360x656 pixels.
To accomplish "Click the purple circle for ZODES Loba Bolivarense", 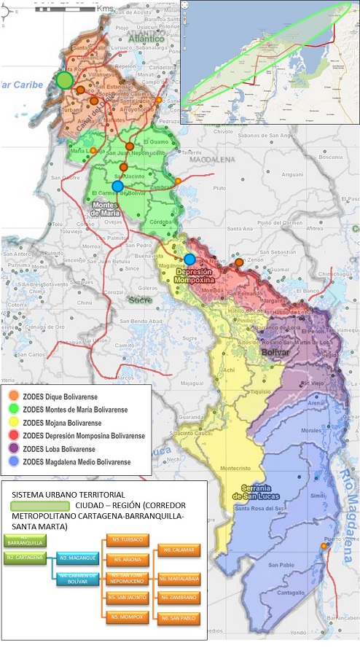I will [14, 448].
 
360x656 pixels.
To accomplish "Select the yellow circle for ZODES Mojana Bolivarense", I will [14, 422].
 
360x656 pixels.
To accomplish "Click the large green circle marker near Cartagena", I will [65, 80].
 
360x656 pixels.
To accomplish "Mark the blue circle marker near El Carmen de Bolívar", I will [117, 186].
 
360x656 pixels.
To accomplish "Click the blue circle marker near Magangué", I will [189, 259].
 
